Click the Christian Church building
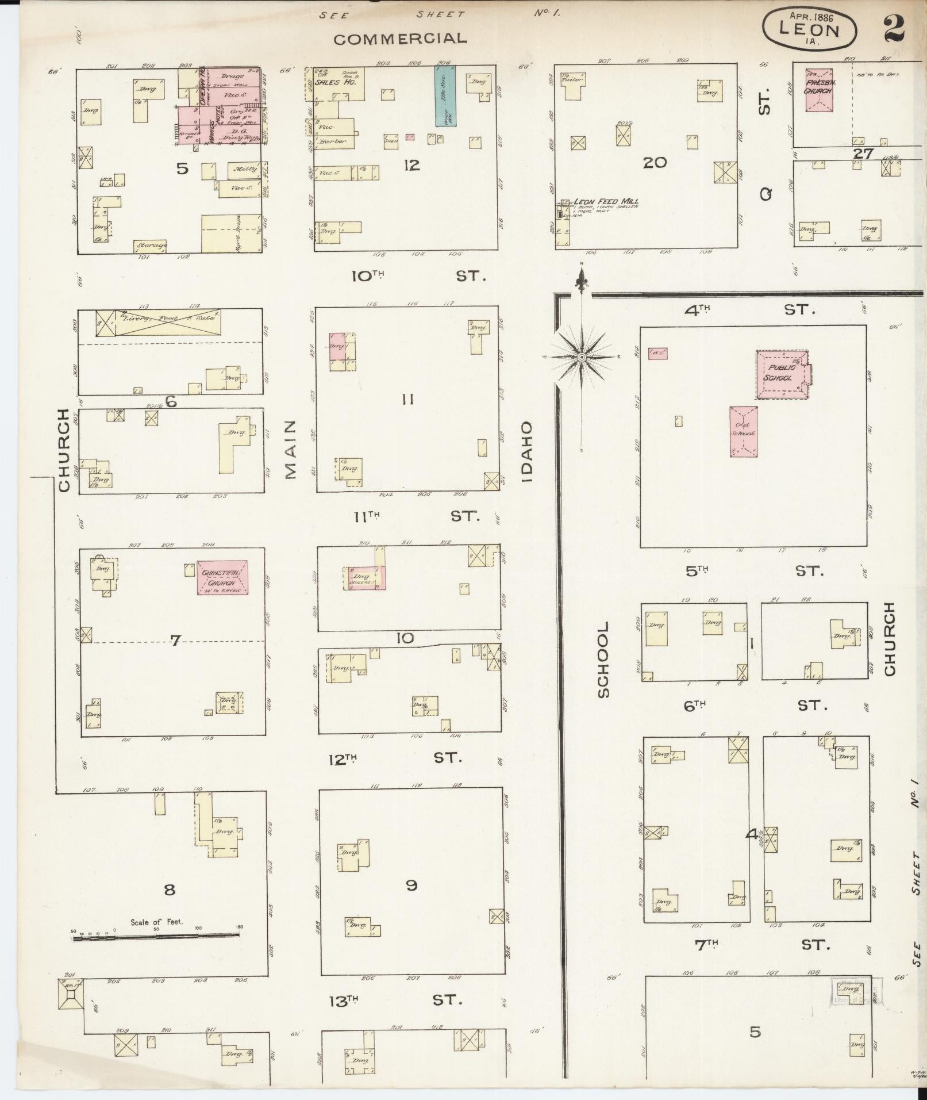click(223, 577)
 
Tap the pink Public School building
click(780, 374)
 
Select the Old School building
click(743, 432)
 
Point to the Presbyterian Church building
click(819, 87)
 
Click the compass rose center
click(582, 357)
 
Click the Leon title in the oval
click(809, 30)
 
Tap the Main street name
click(290, 449)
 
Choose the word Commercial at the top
click(400, 39)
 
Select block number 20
click(655, 163)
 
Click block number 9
click(411, 885)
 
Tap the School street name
click(603, 660)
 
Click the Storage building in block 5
click(151, 246)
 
